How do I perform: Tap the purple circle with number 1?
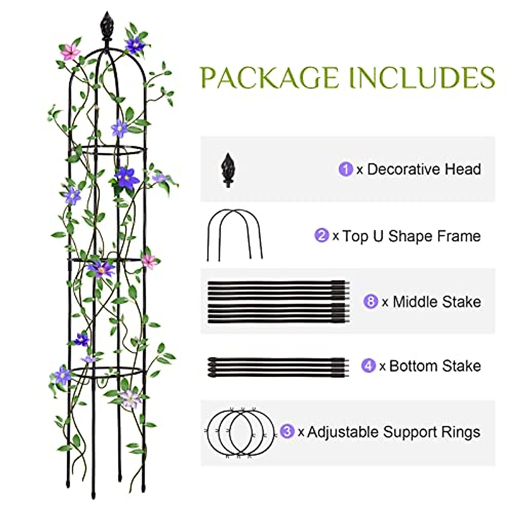[345, 169]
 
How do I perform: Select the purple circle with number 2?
[321, 236]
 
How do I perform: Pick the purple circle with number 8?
[370, 302]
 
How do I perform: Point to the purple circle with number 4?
[368, 366]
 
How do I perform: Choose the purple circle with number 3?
[287, 432]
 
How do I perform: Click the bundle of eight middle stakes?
[278, 301]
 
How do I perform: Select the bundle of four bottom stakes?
[278, 367]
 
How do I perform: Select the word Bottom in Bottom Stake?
[413, 366]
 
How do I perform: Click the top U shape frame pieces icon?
[235, 235]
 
